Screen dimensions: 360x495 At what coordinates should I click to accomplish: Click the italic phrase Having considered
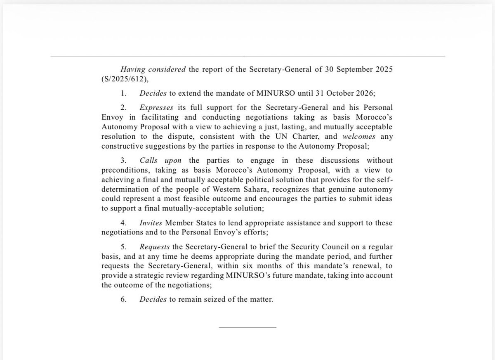153,69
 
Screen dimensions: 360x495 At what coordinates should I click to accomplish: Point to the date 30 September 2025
356,69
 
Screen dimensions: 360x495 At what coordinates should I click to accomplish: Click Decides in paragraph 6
153,299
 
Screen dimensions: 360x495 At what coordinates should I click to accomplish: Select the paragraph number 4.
123,223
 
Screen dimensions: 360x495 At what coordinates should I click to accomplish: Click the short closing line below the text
247,327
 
